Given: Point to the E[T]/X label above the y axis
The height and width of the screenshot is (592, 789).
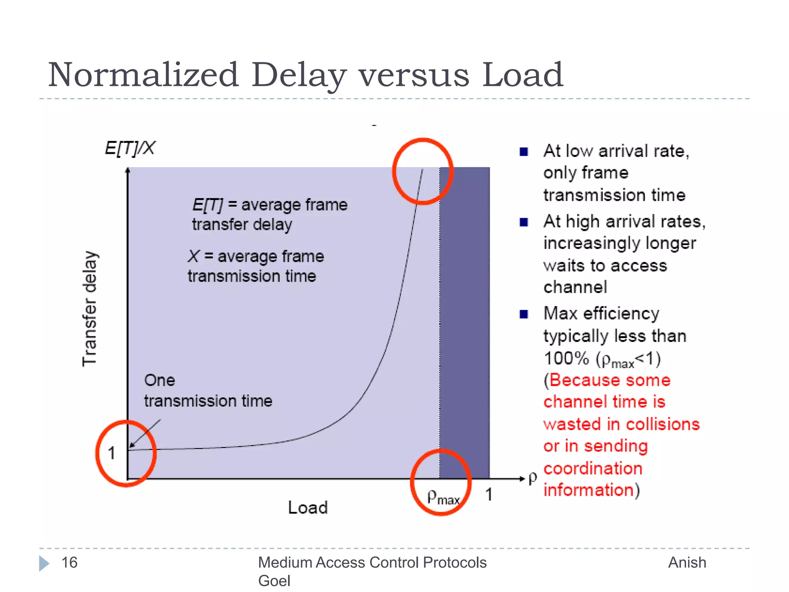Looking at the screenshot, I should (130, 148).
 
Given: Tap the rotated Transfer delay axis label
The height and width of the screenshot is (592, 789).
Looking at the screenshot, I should (90, 308).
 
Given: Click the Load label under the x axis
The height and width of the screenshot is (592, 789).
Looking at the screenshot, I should (308, 508).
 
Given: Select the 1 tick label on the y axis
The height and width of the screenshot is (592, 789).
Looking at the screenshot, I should (112, 453).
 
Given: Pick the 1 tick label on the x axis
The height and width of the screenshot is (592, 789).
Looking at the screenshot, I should (489, 494).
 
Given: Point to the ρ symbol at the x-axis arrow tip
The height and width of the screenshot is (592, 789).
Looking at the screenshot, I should (533, 478).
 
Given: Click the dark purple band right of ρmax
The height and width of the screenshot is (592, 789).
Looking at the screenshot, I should (465, 308).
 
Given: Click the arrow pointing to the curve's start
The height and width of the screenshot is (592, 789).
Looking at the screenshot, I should (145, 433).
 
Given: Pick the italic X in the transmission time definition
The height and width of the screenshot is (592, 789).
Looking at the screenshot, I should (194, 256).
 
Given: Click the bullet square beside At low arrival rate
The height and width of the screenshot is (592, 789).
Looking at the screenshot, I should (524, 151).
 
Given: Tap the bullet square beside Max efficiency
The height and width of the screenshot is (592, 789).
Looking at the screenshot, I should (524, 314).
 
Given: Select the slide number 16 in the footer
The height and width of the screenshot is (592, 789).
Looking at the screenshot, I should (69, 563).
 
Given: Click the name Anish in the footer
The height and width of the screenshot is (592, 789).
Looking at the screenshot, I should (687, 563).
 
